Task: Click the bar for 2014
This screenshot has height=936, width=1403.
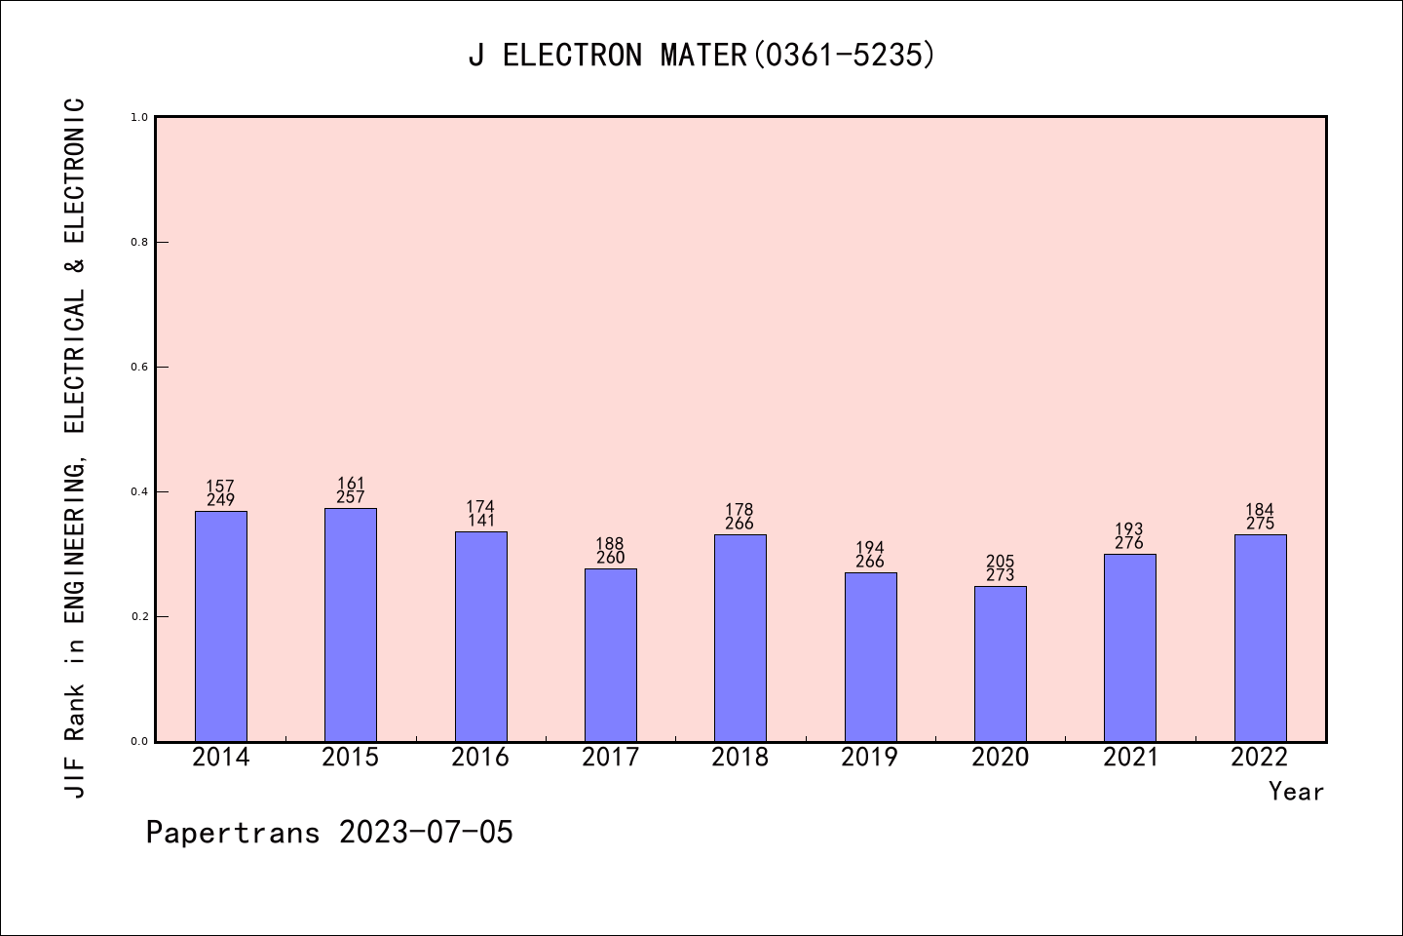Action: point(221,626)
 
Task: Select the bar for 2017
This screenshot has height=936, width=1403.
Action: point(611,654)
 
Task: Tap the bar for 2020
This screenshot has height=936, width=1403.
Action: point(1001,663)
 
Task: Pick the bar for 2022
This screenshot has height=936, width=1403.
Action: point(1260,638)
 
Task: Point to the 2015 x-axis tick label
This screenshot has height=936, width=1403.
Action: point(351,758)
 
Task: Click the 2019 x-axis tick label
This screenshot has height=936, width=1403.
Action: point(870,758)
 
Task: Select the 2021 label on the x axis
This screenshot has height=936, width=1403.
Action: point(1130,758)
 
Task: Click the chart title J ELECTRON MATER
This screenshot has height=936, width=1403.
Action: point(701,56)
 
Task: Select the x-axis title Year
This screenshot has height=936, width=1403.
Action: point(1296,792)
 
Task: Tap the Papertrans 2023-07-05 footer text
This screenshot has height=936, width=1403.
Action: point(329,833)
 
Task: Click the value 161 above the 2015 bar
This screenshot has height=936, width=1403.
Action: point(351,484)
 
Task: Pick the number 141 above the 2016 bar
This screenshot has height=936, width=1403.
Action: point(480,521)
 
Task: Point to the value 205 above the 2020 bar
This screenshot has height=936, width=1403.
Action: point(1001,562)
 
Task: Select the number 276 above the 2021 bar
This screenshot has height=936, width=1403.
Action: point(1129,543)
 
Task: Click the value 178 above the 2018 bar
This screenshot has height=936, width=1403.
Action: point(739,510)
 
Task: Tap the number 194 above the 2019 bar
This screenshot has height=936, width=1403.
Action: point(870,548)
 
